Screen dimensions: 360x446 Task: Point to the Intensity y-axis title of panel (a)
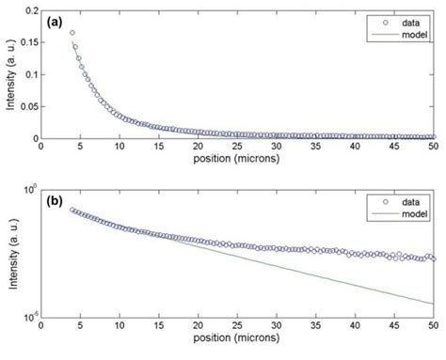click(9, 75)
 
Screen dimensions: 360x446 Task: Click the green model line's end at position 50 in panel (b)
click(433, 304)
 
